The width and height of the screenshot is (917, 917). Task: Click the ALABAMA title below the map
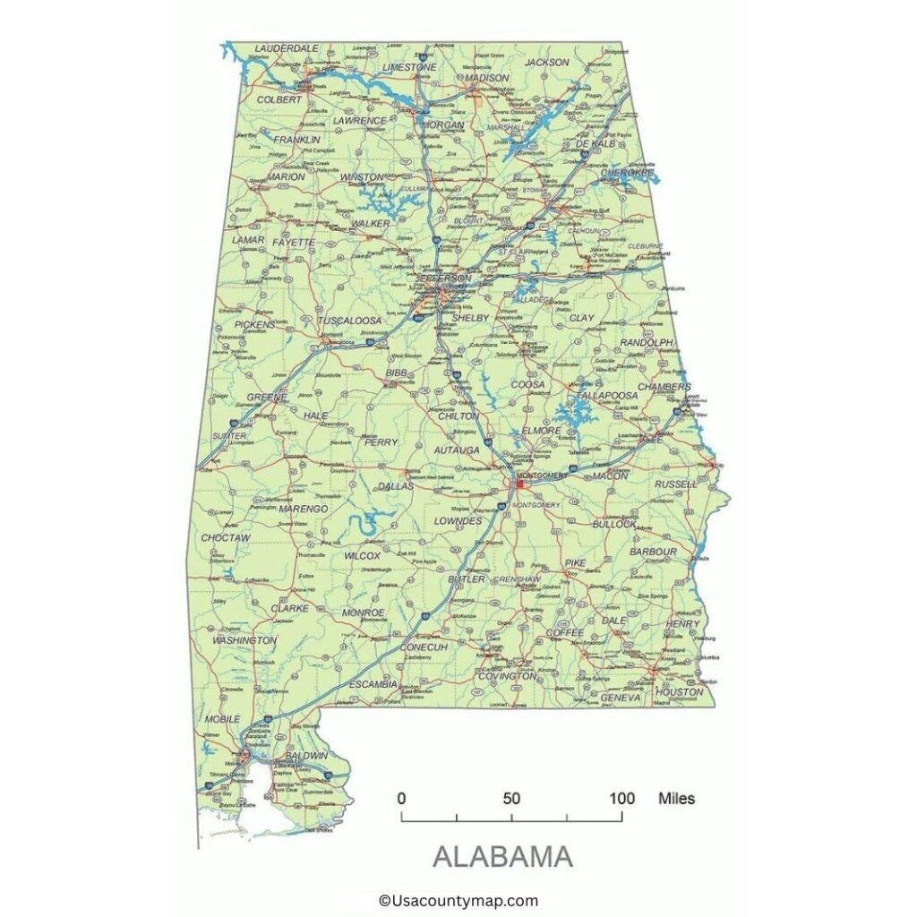502,857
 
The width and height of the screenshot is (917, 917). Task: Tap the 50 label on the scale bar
511,799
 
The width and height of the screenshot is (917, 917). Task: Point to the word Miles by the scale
676,798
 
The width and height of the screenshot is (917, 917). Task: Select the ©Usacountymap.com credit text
458,901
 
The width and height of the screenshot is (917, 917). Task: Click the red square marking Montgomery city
519,484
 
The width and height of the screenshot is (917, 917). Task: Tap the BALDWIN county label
306,756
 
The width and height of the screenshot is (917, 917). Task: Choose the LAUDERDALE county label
287,47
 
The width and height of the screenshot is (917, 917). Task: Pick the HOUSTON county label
679,692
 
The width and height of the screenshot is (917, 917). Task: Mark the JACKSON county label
546,63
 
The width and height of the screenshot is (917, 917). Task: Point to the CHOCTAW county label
225,538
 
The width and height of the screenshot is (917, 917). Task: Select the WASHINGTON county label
244,640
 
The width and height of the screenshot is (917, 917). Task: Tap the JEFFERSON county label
442,279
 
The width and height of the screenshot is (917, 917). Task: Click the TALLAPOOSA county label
607,395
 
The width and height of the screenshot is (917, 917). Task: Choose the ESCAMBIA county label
373,684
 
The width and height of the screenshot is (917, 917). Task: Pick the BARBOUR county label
653,552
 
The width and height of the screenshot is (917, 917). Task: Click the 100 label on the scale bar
622,799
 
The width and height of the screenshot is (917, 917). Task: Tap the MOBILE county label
222,718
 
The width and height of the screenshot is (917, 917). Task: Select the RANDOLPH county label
646,343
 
